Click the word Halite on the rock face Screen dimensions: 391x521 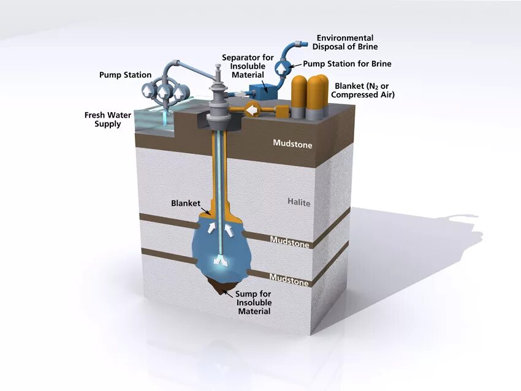click(299, 202)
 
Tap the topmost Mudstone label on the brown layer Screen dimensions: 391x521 click(292, 145)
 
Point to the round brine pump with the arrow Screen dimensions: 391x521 click(282, 66)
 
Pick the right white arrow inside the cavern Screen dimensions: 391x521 click(230, 229)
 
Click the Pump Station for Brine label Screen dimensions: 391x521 click(347, 64)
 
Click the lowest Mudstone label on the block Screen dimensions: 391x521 click(289, 281)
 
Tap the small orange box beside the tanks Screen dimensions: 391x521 click(281, 111)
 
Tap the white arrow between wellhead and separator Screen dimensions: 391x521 click(239, 94)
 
